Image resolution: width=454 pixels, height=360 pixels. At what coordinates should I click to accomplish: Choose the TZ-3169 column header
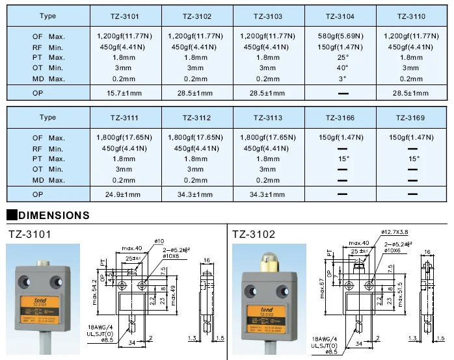pyautogui.click(x=411, y=118)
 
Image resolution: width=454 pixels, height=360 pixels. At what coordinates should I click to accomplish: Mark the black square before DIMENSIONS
pyautogui.click(x=11, y=215)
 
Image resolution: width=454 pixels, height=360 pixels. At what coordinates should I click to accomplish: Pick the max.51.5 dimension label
pyautogui.click(x=399, y=291)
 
